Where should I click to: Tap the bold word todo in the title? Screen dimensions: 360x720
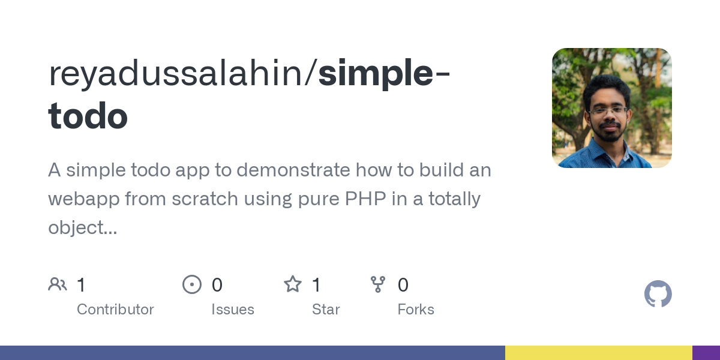pos(88,116)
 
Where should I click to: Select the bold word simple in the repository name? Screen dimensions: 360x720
pos(375,74)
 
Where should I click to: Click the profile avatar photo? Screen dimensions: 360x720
pos(611,108)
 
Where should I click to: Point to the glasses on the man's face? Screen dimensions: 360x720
pos(608,111)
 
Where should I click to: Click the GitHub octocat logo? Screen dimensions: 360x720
pos(658,294)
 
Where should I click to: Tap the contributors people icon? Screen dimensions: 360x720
pos(58,284)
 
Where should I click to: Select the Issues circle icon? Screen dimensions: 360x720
pos(192,284)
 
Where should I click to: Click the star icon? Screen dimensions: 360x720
pos(293,284)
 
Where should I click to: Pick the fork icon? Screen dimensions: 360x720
pos(378,284)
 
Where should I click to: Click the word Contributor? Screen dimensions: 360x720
pos(115,310)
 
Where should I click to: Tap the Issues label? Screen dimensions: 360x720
pos(233,310)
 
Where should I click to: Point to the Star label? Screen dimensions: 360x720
pos(326,310)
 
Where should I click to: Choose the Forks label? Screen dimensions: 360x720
pos(416,310)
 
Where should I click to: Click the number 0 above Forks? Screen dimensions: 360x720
pos(403,285)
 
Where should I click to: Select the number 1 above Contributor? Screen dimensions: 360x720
pos(81,285)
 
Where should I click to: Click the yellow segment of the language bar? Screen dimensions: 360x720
pos(598,353)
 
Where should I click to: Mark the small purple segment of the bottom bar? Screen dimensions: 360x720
pos(706,353)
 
